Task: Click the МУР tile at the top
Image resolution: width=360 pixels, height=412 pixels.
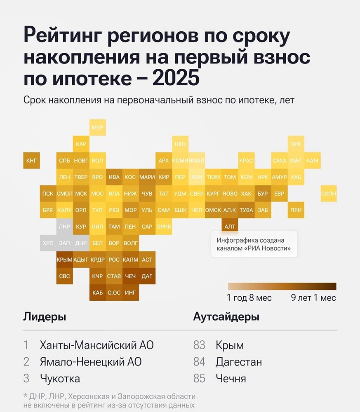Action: (x=97, y=127)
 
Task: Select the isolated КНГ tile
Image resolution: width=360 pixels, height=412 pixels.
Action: (x=31, y=160)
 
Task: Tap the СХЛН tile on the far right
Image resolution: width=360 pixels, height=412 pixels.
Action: (x=329, y=193)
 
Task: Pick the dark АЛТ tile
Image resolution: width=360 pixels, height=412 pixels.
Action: (x=229, y=226)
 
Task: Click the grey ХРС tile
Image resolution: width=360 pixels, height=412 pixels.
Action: (x=48, y=243)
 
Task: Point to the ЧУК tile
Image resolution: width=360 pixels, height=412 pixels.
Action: (x=296, y=144)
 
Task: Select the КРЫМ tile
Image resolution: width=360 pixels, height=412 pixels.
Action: (x=64, y=260)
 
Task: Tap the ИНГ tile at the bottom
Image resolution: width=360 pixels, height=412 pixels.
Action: (x=130, y=293)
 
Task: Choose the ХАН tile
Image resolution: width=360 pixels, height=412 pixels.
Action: (x=197, y=177)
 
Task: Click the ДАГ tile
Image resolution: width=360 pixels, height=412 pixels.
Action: (x=147, y=276)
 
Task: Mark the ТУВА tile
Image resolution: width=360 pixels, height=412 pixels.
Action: (x=246, y=210)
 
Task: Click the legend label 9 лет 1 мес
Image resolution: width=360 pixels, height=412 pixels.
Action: (x=313, y=297)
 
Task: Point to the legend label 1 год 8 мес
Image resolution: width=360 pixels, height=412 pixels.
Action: (x=249, y=297)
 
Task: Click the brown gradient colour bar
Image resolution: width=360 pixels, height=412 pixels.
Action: (x=282, y=286)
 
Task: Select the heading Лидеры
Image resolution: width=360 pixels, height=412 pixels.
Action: (x=45, y=317)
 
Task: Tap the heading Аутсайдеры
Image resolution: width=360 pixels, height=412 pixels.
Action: (x=226, y=317)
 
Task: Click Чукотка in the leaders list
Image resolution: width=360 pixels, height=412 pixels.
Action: (x=60, y=378)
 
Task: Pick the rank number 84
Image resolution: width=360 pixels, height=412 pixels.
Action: (x=199, y=362)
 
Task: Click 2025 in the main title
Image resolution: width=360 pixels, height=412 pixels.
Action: (x=176, y=79)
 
